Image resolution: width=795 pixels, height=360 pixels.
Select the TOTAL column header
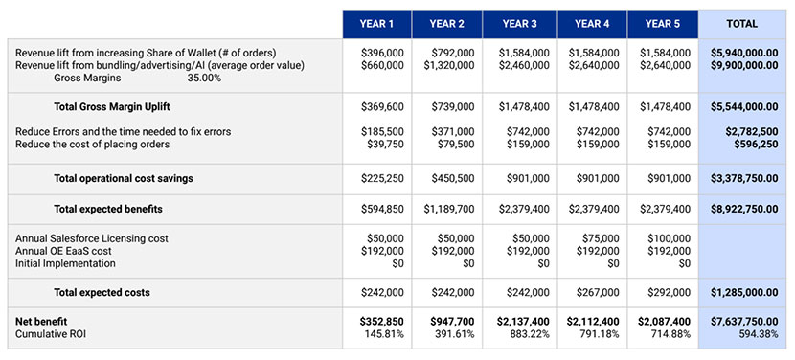coord(742,23)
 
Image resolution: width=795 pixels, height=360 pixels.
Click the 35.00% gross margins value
coord(204,79)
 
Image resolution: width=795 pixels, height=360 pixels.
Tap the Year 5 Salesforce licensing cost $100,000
coord(667,236)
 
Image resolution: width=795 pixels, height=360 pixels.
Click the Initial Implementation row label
coord(65,263)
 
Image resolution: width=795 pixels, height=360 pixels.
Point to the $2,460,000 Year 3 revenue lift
coord(524,65)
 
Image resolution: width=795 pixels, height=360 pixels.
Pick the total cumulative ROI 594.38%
coord(757,333)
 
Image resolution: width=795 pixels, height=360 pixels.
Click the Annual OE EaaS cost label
coord(64,250)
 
